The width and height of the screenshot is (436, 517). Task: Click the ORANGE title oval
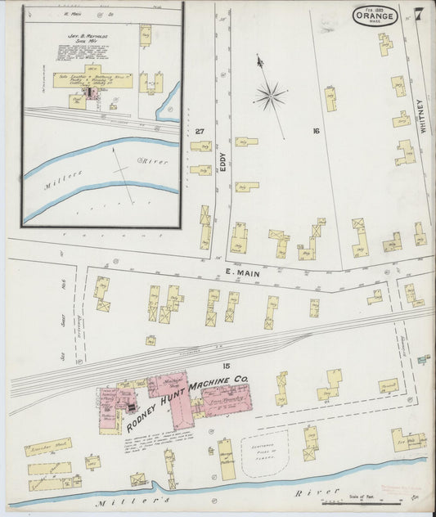pos(375,16)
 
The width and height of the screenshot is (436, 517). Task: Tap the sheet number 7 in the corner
pos(418,13)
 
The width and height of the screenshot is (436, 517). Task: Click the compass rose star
pos(269,97)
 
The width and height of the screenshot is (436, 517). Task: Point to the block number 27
pos(199,131)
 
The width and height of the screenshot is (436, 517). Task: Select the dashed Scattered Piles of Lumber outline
pos(265,454)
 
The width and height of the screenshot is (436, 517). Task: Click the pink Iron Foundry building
pos(227,398)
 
